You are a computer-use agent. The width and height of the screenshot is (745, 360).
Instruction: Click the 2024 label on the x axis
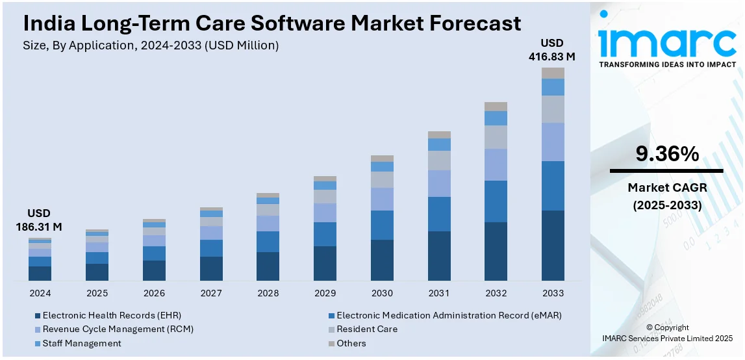(40, 293)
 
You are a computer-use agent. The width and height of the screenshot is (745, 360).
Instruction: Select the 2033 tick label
(553, 293)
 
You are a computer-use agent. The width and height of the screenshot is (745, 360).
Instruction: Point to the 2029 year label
(325, 293)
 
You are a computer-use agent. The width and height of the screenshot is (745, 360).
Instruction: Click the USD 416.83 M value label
(553, 49)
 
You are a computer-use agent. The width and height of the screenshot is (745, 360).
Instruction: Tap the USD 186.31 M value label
(39, 220)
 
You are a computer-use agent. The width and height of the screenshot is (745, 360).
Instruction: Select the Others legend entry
(351, 343)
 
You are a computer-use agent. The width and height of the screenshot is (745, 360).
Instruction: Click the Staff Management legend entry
(82, 343)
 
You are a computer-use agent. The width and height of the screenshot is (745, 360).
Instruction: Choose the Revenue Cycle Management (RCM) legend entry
(118, 329)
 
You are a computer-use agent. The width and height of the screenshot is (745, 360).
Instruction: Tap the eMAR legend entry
(449, 315)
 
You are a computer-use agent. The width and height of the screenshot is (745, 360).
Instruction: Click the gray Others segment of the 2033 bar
(553, 73)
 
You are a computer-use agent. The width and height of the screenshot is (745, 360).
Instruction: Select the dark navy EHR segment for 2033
(553, 245)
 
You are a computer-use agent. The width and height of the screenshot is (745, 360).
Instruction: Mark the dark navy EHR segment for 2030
(382, 260)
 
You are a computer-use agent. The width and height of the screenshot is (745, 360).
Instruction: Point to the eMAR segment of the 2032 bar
(496, 201)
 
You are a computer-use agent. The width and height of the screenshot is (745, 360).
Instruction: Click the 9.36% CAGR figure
(667, 154)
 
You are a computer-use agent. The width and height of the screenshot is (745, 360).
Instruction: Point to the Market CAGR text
(667, 188)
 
